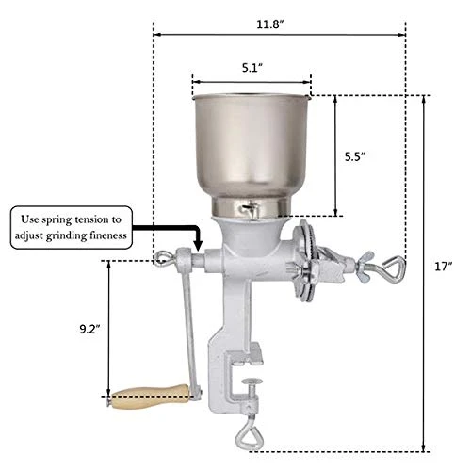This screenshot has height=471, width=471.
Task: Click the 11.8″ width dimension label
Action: [270, 24]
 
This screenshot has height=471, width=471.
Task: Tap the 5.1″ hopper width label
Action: [252, 68]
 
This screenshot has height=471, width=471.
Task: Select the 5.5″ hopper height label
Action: [355, 156]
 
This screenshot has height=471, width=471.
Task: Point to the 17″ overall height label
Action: [444, 267]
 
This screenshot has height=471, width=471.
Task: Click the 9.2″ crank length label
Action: [89, 329]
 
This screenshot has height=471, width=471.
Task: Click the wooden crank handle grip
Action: [150, 397]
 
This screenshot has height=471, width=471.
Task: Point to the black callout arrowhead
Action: [198, 244]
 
